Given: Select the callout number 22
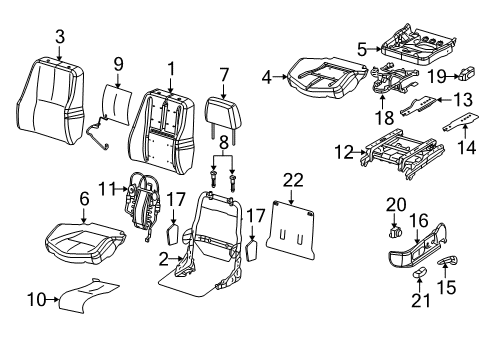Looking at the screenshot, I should (x=292, y=180).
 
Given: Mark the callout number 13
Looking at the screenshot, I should (x=462, y=99).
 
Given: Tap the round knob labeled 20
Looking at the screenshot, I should (x=391, y=253).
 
